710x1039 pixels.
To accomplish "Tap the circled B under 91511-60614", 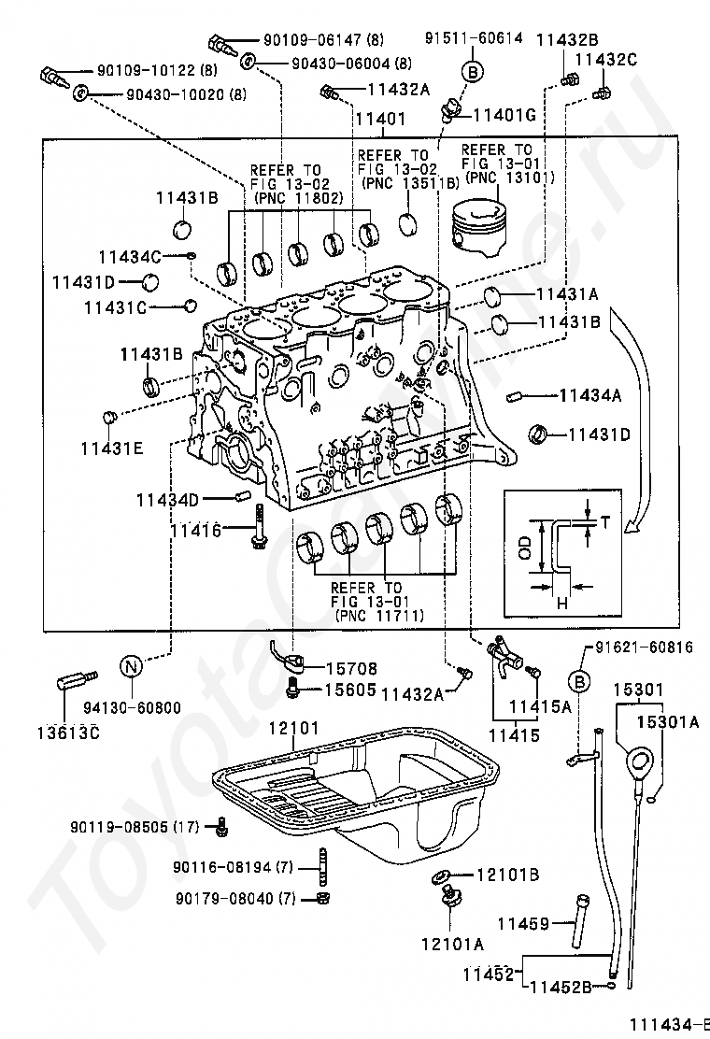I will [473, 71].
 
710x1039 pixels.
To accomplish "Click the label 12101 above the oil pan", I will [293, 728].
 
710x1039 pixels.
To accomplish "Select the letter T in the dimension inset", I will [603, 522].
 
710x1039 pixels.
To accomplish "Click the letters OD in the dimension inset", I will [525, 548].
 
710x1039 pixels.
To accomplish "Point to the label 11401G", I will [504, 116].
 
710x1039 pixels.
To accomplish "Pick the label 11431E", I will [111, 448].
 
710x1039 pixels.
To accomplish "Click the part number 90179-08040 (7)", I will [234, 898].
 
